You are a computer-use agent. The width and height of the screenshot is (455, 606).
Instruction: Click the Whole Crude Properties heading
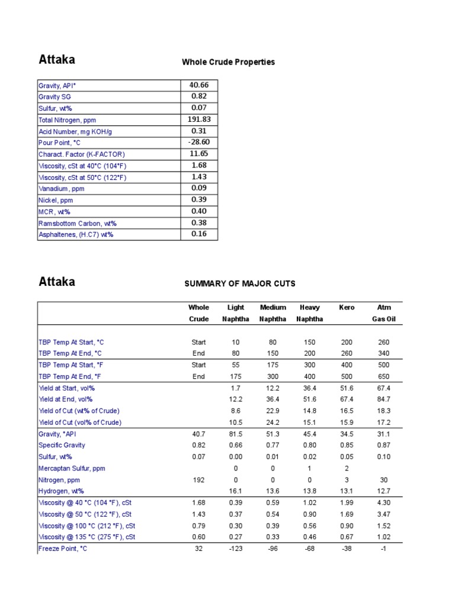coord(228,62)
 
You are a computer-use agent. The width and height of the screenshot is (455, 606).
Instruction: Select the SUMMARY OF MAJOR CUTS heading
coord(240,284)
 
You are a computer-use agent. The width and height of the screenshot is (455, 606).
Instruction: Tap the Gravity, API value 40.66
coord(198,85)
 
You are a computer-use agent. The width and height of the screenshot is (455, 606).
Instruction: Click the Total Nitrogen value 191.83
coord(198,120)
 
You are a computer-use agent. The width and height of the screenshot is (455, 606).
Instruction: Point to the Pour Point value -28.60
coord(198,143)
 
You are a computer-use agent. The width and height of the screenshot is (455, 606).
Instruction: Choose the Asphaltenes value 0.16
coord(198,234)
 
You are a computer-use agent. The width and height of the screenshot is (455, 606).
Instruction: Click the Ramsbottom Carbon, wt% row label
coord(78,223)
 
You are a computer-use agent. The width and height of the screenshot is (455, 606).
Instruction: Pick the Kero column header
coord(347,308)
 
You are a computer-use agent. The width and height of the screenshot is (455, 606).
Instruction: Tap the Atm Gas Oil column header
coord(383,313)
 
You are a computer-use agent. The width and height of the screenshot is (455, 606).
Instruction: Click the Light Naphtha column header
coord(236,313)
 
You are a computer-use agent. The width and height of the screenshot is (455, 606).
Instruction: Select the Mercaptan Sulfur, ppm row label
coord(72,468)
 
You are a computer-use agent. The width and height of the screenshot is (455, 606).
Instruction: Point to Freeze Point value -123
coord(236,549)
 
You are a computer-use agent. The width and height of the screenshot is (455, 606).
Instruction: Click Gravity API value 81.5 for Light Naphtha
coord(236,434)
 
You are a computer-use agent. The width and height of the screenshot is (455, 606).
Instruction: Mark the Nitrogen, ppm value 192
coord(198,480)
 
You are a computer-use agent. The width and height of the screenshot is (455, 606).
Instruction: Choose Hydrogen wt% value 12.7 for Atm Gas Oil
coord(383,491)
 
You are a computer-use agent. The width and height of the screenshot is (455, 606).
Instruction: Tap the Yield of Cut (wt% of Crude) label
coord(79,411)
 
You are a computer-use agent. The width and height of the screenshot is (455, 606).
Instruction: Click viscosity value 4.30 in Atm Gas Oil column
coord(383,503)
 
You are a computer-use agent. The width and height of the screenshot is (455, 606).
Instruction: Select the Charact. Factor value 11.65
coord(198,154)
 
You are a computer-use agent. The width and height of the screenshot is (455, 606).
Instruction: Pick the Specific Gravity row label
coord(62,445)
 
